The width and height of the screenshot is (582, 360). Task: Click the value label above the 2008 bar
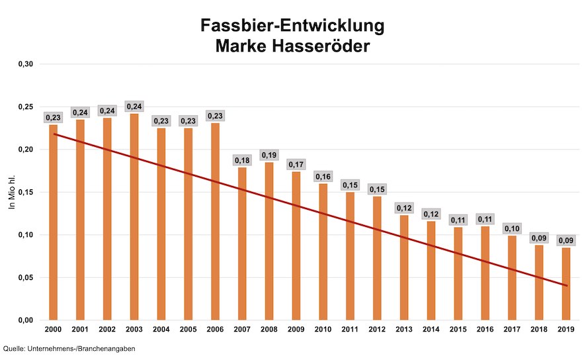pos(269,155)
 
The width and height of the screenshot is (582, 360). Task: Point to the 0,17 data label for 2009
pos(296,164)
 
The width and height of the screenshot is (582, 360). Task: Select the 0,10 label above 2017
pos(512,228)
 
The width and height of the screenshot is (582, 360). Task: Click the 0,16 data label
pos(323,176)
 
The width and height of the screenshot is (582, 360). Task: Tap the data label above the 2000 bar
pos(53,117)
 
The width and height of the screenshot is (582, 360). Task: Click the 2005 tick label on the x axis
pos(188,329)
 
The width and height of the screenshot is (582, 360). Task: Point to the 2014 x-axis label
pos(431,329)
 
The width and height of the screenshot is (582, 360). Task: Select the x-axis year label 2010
pos(323,329)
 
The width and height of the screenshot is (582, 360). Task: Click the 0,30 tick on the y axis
pos(25,64)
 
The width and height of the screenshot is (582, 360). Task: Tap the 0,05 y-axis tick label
pos(25,278)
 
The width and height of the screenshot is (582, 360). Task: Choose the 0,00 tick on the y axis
pos(25,320)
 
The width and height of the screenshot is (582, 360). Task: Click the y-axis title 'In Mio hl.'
pos(11,193)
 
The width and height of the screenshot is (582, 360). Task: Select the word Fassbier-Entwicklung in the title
pos(292,26)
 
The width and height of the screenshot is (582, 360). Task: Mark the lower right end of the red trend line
pos(566,286)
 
